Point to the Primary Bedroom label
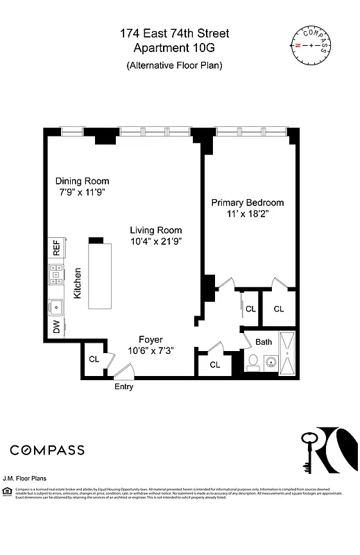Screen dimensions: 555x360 [x=248, y=203]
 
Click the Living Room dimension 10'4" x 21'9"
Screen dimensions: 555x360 [x=157, y=242]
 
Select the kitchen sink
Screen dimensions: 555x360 [x=56, y=305]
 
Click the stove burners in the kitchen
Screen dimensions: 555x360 [x=56, y=276]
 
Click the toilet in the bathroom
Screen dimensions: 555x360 [x=254, y=361]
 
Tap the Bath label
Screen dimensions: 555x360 [x=264, y=342]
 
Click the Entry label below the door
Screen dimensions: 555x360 [x=123, y=387]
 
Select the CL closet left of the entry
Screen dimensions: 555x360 [x=94, y=359]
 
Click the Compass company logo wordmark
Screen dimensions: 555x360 [x=47, y=450]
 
